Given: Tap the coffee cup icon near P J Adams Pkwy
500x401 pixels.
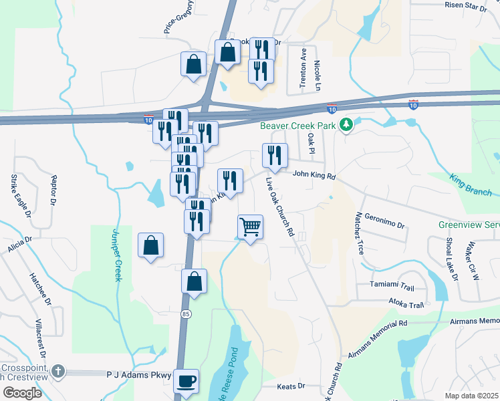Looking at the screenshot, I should [x=186, y=381].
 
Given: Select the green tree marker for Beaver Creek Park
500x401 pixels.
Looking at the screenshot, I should [x=346, y=124].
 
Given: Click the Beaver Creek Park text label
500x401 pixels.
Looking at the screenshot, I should [x=299, y=125].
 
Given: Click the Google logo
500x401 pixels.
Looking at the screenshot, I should [x=22, y=393].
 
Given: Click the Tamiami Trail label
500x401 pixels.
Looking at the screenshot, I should [x=392, y=285].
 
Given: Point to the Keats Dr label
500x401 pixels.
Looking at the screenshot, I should [x=291, y=386].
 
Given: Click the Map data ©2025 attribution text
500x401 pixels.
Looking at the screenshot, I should [x=471, y=396].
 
